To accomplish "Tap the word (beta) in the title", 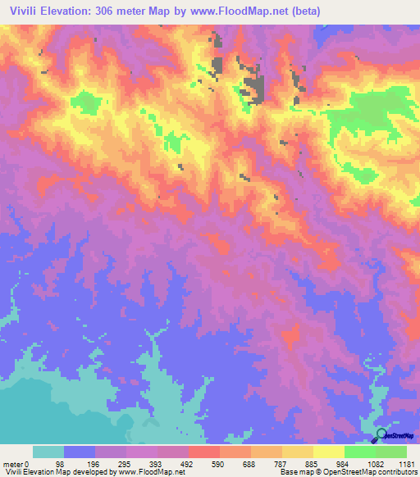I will pos(301,11).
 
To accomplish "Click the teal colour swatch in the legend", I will pos(48,452).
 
